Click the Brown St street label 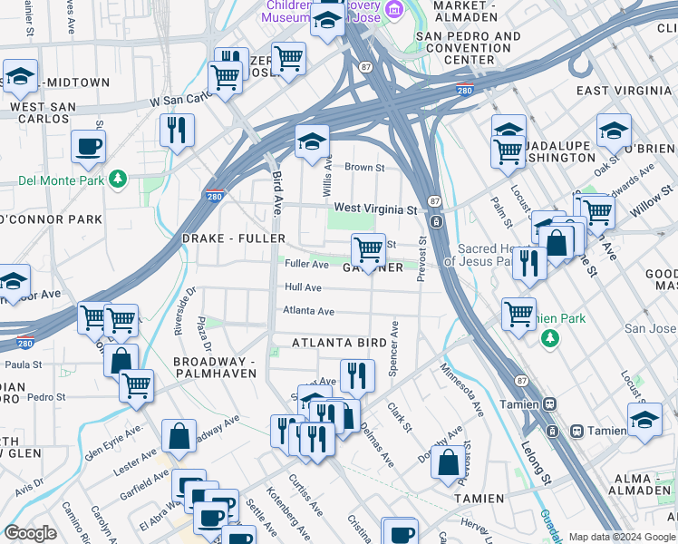(364, 168)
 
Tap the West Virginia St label (375, 209)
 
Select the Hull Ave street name (303, 287)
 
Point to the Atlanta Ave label (308, 311)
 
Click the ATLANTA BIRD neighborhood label (339, 343)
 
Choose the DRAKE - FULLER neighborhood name (234, 238)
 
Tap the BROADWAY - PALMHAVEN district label (216, 368)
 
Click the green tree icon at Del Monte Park (117, 180)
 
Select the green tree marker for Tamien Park (549, 338)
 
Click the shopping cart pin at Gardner (368, 248)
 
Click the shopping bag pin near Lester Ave (179, 435)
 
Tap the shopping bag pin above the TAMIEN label (448, 461)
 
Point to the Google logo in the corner (31, 533)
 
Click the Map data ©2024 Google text (621, 537)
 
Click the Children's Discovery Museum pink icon (393, 9)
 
